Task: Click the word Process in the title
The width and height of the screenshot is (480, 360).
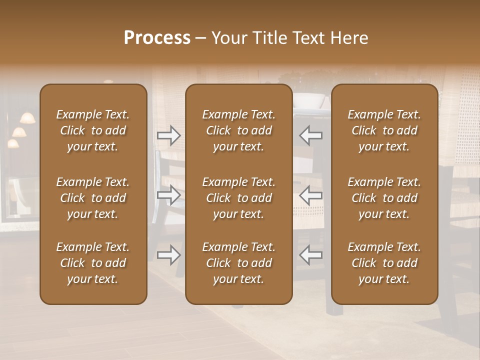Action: [x=157, y=37]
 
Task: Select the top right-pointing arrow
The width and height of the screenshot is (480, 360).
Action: [x=169, y=135]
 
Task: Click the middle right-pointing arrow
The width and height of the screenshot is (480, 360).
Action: [x=169, y=195]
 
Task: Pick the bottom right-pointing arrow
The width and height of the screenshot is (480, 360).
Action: [x=169, y=255]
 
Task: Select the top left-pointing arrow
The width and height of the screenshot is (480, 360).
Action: [x=310, y=135]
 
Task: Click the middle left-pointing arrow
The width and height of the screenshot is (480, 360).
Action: [x=310, y=195]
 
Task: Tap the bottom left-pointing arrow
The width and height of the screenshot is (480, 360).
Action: [x=310, y=255]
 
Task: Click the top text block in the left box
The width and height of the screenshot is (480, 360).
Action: [x=93, y=130]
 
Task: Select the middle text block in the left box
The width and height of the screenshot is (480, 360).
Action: [x=93, y=198]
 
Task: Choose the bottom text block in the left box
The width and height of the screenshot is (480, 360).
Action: [x=93, y=263]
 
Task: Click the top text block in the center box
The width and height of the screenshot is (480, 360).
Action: [x=239, y=130]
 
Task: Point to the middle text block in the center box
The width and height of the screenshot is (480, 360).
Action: [x=239, y=198]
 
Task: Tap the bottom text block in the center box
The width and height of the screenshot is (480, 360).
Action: [x=239, y=263]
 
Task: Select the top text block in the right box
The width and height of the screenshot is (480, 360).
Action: [x=384, y=130]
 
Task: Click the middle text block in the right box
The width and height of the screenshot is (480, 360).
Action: [x=384, y=198]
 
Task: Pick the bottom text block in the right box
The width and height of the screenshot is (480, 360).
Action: [x=384, y=263]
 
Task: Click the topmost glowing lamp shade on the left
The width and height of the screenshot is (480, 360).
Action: [x=27, y=118]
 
